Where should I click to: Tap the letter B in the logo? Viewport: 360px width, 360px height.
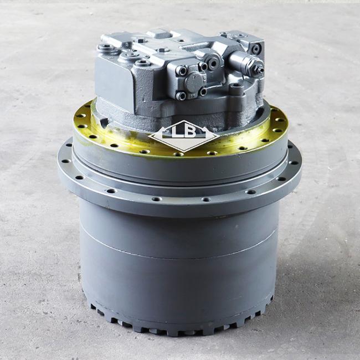click(190, 132)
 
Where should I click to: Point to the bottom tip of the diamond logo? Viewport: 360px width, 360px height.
click(184, 152)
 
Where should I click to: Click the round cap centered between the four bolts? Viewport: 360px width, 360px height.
click(193, 81)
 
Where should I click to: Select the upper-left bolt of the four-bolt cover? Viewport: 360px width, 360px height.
click(181, 70)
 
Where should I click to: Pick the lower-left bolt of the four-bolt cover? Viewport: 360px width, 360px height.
click(181, 96)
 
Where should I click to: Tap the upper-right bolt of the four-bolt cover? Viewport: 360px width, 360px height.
click(203, 66)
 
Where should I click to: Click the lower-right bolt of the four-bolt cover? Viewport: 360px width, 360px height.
click(203, 91)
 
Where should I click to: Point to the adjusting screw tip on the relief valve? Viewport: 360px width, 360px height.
click(261, 69)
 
